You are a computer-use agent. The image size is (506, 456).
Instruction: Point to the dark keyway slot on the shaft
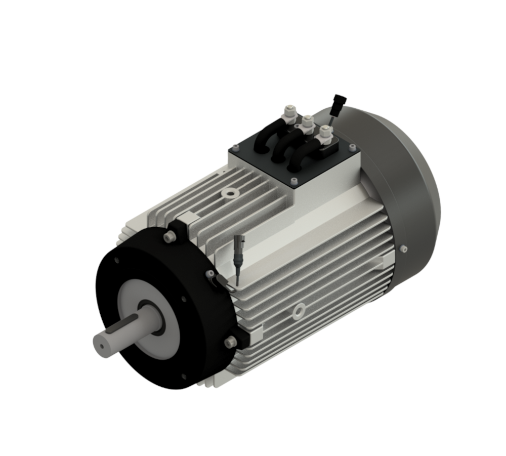pos(126,324)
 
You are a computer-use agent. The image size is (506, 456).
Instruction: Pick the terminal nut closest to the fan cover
pos(324,133)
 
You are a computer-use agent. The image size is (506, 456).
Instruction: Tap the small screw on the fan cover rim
pos(403,249)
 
